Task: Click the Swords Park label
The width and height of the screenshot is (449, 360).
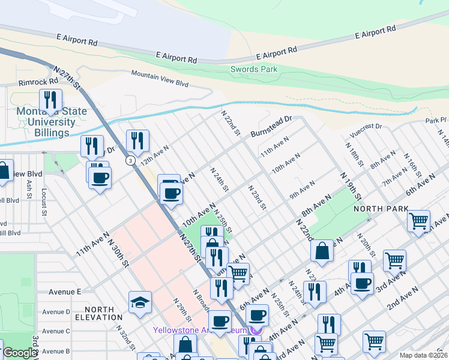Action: tap(254, 69)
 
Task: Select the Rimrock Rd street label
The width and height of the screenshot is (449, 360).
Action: tap(38, 81)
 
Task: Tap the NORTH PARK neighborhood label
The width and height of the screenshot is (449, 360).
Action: tap(381, 209)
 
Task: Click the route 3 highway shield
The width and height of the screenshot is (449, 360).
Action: tap(130, 160)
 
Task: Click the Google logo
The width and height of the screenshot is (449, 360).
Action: tap(20, 353)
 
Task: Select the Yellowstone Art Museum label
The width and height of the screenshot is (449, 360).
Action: tap(204, 330)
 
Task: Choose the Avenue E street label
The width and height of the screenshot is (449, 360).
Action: tap(65, 292)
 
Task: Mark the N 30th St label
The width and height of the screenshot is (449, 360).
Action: tap(118, 251)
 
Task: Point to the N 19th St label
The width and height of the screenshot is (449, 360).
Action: tap(351, 187)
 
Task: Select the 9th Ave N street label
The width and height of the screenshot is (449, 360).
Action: tap(302, 190)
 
